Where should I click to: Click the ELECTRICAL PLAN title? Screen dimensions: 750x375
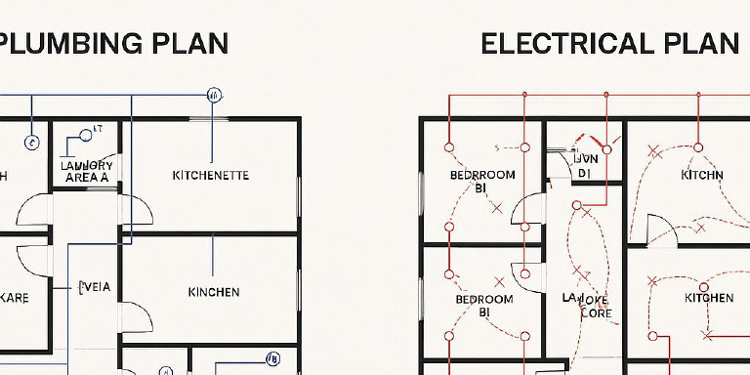point(609,43)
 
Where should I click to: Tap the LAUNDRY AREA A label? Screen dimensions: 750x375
point(87,172)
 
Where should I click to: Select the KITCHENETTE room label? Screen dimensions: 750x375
point(210,176)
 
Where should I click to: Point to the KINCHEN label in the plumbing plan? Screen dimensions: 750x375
point(213,292)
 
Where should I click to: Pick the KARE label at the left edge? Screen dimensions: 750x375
point(15,299)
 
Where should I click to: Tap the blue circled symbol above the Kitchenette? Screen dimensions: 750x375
point(214,95)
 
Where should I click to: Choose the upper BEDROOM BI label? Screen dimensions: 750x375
point(482,181)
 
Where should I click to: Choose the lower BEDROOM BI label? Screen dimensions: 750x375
point(483,306)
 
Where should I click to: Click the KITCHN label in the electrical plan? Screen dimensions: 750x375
point(702,175)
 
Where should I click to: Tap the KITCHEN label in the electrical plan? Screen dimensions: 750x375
point(709,298)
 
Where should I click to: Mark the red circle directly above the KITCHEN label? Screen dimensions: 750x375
point(704,278)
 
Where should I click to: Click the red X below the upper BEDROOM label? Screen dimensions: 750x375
point(496,208)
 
